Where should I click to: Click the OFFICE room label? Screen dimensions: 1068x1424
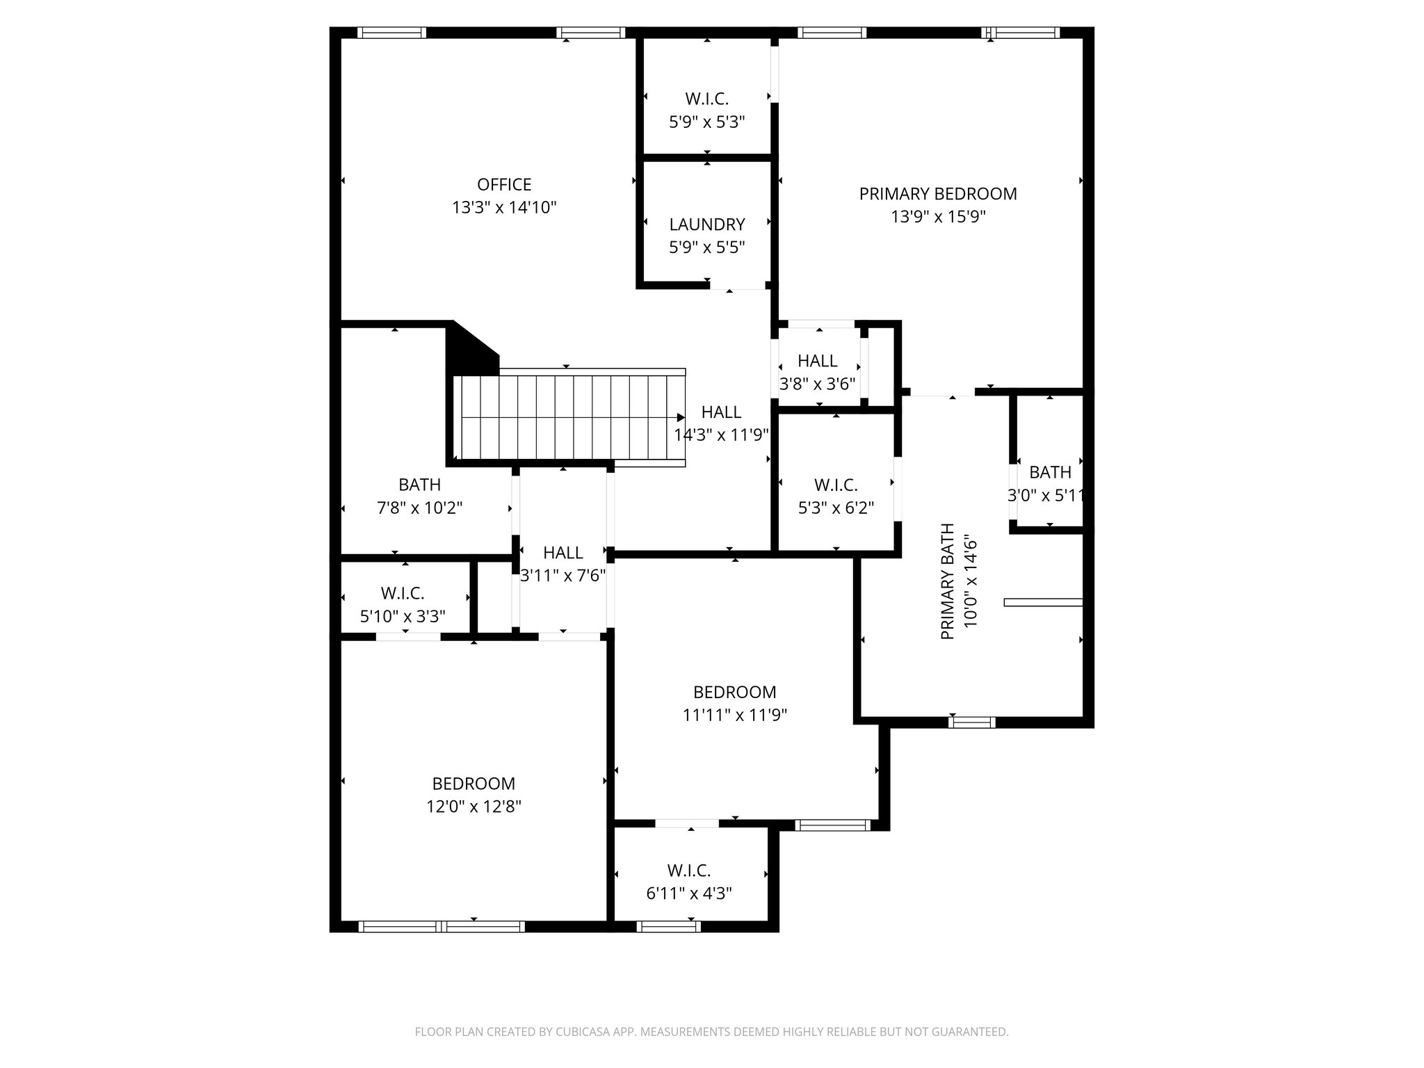(x=504, y=184)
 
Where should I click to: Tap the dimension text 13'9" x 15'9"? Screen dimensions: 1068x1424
(x=938, y=217)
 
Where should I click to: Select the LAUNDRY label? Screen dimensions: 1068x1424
(x=707, y=225)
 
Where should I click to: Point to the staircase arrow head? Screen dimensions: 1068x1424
(x=681, y=418)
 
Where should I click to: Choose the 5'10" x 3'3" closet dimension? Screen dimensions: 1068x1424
(x=403, y=616)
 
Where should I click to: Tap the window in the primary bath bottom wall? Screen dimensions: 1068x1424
(x=971, y=722)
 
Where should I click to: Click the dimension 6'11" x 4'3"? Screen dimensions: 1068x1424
(x=689, y=893)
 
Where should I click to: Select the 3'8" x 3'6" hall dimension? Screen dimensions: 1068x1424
(x=817, y=384)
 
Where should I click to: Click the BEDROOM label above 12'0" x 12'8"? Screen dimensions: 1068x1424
(x=474, y=784)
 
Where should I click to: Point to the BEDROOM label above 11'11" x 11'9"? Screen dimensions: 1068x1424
(x=734, y=692)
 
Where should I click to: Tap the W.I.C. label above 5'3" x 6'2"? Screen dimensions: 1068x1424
(x=836, y=485)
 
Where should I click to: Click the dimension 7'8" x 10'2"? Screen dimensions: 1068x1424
(x=419, y=508)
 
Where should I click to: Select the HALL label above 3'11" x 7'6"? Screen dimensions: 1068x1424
(x=563, y=553)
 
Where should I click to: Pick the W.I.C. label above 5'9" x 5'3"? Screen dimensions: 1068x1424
(x=707, y=99)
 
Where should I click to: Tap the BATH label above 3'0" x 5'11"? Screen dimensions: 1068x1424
(x=1049, y=473)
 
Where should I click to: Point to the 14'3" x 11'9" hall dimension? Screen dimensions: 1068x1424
(x=721, y=435)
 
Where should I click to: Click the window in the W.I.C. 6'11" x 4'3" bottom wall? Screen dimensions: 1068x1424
(x=667, y=926)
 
